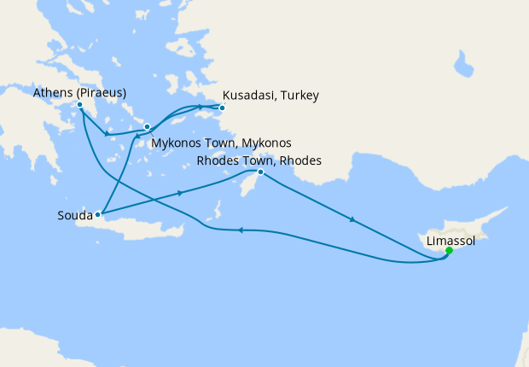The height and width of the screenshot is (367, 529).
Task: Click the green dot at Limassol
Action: pyautogui.click(x=450, y=251)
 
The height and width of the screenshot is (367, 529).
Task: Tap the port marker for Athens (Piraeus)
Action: pyautogui.click(x=79, y=105)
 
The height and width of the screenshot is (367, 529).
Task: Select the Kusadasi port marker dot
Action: pyautogui.click(x=222, y=108)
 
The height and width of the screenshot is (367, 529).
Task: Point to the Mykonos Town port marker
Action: pyautogui.click(x=147, y=127)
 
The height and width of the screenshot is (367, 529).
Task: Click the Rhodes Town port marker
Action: pyautogui.click(x=261, y=173)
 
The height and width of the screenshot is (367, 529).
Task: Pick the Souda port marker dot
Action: pyautogui.click(x=99, y=214)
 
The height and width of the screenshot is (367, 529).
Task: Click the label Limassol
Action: pyautogui.click(x=450, y=242)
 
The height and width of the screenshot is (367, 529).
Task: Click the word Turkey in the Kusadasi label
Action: pyautogui.click(x=299, y=95)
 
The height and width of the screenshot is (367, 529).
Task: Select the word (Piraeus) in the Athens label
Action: pyautogui.click(x=101, y=92)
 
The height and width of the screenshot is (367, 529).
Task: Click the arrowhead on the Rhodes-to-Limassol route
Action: pyautogui.click(x=352, y=221)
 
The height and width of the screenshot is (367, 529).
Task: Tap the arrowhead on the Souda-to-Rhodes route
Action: pyautogui.click(x=180, y=194)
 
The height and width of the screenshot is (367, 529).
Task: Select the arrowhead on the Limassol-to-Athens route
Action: pyautogui.click(x=241, y=230)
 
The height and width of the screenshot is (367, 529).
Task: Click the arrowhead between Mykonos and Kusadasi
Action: pyautogui.click(x=202, y=107)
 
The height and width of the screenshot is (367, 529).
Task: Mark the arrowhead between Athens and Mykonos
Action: pyautogui.click(x=107, y=133)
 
